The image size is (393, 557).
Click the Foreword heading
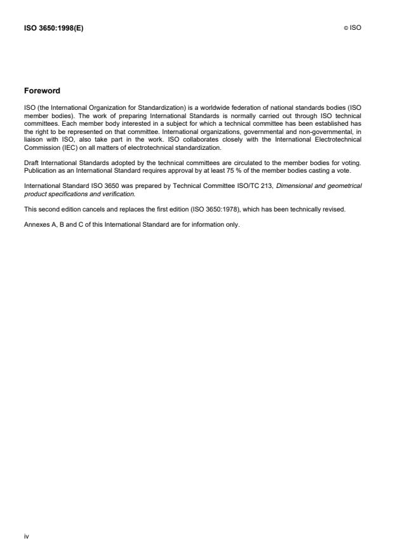(x=42, y=91)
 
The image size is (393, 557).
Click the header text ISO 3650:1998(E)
(x=53, y=28)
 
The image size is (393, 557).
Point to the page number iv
(x=26, y=537)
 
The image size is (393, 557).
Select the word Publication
(x=39, y=171)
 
